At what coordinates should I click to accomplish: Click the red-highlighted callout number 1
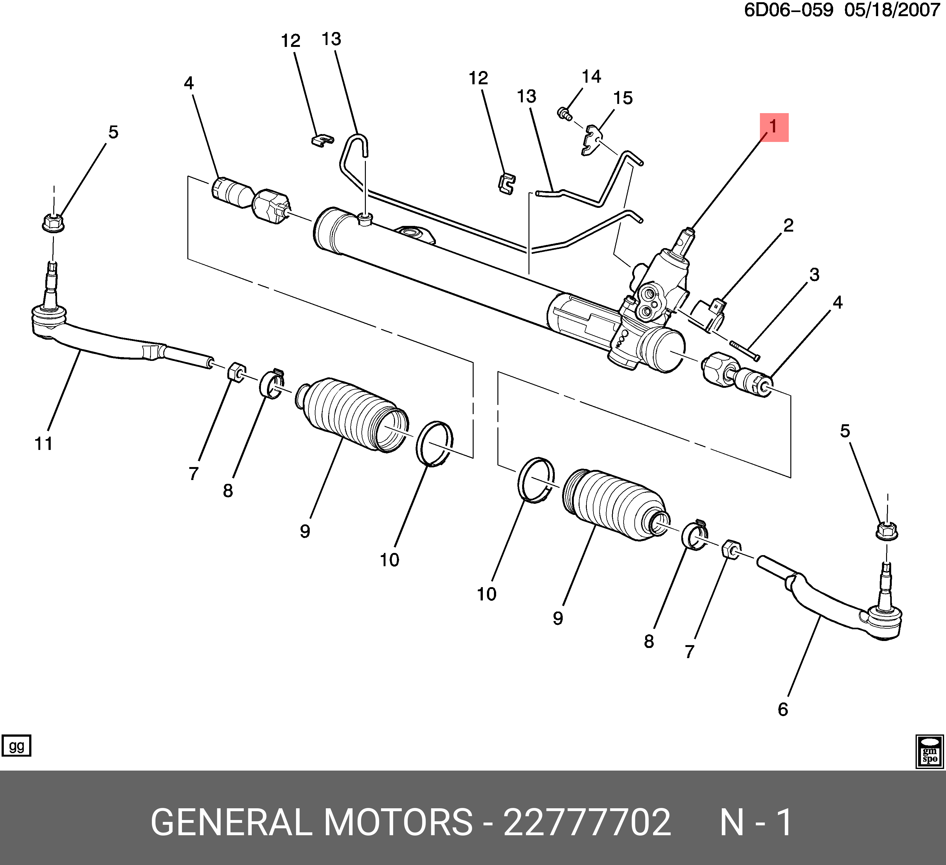click(x=774, y=127)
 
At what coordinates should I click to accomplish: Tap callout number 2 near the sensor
click(x=788, y=226)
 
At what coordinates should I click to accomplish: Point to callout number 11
click(x=44, y=443)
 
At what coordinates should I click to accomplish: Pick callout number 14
click(x=591, y=76)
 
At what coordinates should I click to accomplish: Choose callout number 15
click(x=623, y=98)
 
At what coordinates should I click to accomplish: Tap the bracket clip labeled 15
click(x=591, y=140)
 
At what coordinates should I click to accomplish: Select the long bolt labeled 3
click(x=745, y=351)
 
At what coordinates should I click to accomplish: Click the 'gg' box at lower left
click(x=16, y=746)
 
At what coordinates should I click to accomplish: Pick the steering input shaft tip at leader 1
click(x=689, y=231)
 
